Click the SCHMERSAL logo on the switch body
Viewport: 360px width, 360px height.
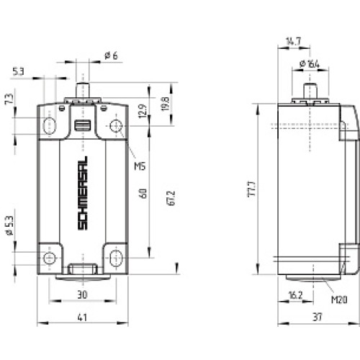pos(82,193)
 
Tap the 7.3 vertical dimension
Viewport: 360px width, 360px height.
pos(9,99)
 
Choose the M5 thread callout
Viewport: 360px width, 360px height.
pos(140,166)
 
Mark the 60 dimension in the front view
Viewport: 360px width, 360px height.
pos(144,193)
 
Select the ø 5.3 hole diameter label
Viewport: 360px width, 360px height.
pos(9,225)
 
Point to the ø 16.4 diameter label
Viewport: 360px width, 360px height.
pos(310,65)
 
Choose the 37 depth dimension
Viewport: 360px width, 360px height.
pos(316,317)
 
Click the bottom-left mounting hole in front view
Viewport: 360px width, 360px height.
pos(49,258)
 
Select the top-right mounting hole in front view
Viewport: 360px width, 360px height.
pos(116,127)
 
